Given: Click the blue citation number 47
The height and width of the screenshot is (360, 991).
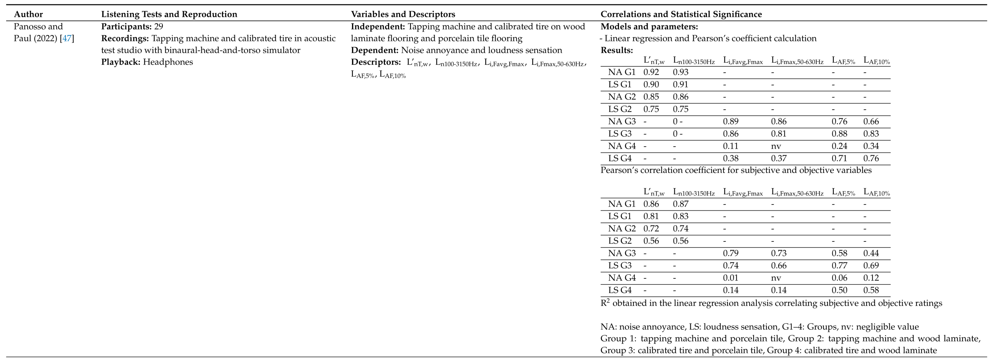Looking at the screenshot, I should [x=67, y=39].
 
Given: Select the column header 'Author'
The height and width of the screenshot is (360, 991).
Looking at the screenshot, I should [x=28, y=14].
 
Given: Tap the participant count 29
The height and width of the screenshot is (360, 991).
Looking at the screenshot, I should [x=159, y=27].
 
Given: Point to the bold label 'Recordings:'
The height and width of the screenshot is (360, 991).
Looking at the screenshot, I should [x=125, y=39].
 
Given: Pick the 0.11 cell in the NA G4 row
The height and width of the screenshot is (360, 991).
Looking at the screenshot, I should [x=731, y=146].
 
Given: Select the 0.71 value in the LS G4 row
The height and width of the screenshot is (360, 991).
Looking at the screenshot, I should [x=839, y=158].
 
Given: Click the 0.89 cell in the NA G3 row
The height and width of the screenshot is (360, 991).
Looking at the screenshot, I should [x=731, y=121].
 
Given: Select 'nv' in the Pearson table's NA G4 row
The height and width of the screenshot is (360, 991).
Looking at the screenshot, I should [x=776, y=146].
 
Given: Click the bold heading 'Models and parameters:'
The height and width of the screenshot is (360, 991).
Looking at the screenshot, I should [x=649, y=27].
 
